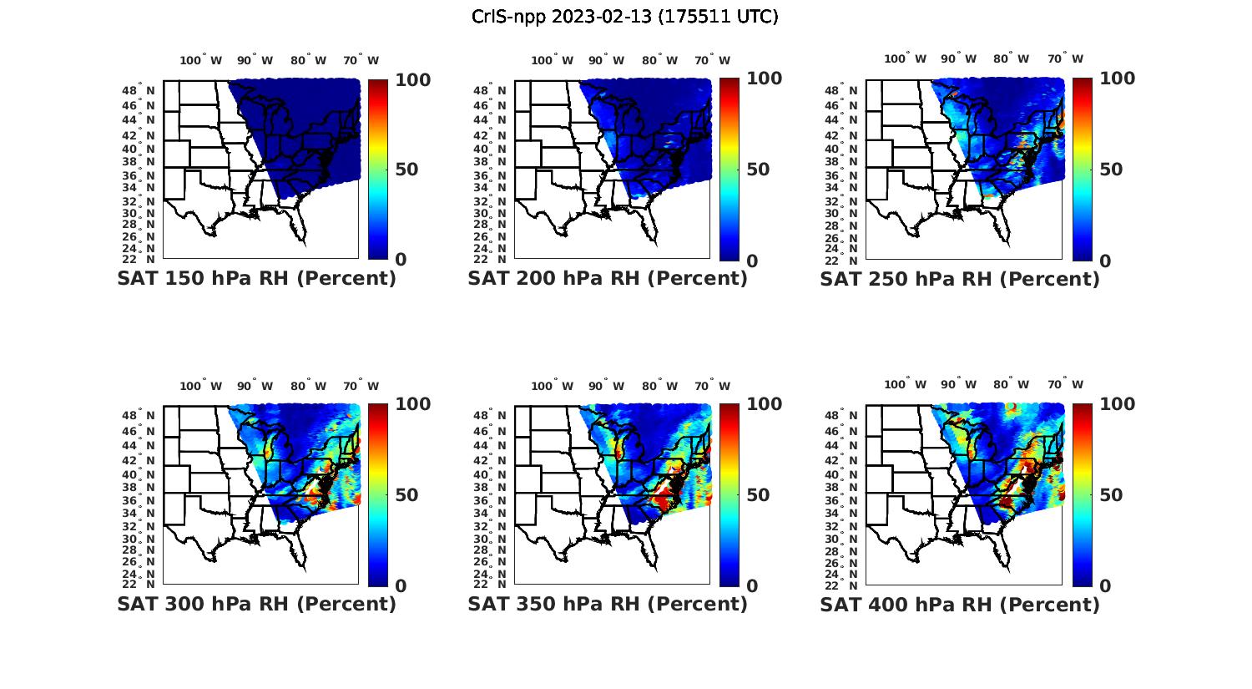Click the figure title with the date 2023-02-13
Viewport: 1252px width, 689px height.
[x=625, y=17]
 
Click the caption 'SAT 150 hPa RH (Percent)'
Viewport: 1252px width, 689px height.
[x=256, y=279]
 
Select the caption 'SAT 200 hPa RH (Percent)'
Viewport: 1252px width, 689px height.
[x=608, y=279]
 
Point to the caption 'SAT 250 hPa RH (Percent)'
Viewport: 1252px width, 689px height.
[x=960, y=279]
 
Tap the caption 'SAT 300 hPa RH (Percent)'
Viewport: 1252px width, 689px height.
[x=256, y=604]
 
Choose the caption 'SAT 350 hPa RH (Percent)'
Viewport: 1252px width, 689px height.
[x=608, y=604]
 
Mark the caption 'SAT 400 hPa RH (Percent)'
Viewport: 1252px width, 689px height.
[x=960, y=604]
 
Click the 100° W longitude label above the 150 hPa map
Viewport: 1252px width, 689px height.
[x=201, y=60]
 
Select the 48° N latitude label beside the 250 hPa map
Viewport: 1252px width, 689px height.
[x=848, y=90]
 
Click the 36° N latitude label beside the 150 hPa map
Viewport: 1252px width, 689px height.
[x=145, y=175]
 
